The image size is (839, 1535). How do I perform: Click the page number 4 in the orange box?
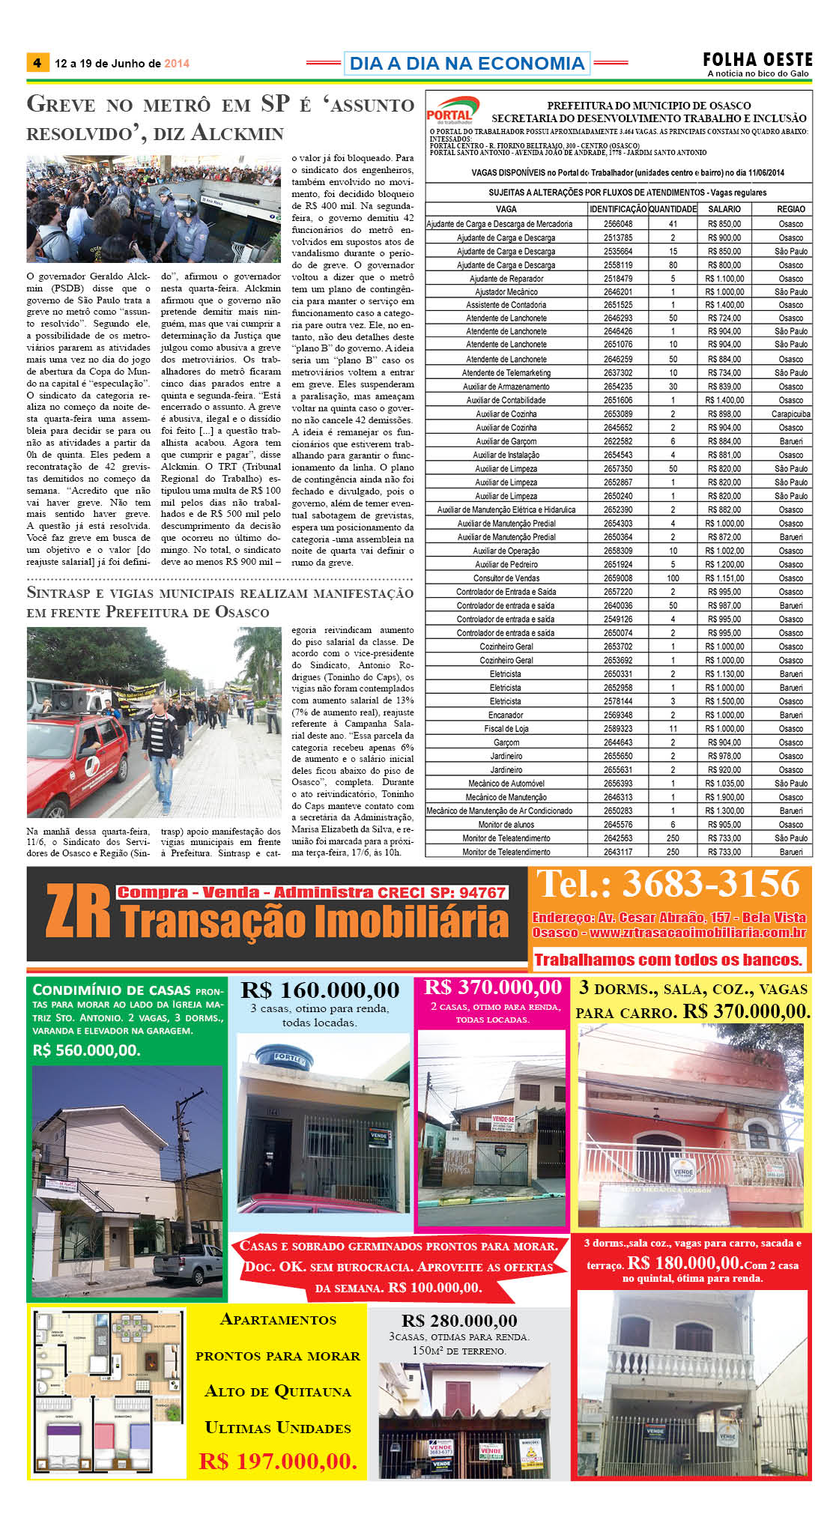coord(37,63)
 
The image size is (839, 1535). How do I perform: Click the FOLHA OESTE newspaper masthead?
coord(757,60)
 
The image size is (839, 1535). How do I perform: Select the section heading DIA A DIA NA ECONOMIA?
coord(467,64)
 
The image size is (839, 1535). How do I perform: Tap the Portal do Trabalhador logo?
coord(452,111)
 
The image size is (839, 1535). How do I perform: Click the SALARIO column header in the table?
coord(724,209)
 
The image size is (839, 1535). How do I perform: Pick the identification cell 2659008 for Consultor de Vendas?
coord(618,578)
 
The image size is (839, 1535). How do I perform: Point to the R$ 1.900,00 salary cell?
coord(724,797)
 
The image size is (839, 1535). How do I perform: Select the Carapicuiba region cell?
coord(791,414)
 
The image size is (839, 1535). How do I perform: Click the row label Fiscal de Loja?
coord(506,729)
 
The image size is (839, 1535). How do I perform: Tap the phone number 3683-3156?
coord(669,885)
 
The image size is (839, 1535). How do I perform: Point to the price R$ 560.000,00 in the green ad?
coord(86,1050)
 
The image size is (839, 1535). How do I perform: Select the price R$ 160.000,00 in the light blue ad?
coord(320,990)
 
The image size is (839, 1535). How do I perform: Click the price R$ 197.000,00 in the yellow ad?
coord(278,1461)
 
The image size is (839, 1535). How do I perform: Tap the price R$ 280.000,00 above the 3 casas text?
coord(459,1321)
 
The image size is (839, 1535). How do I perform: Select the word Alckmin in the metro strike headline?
coord(237,133)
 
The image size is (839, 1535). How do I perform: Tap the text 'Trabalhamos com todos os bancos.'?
coord(668,960)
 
